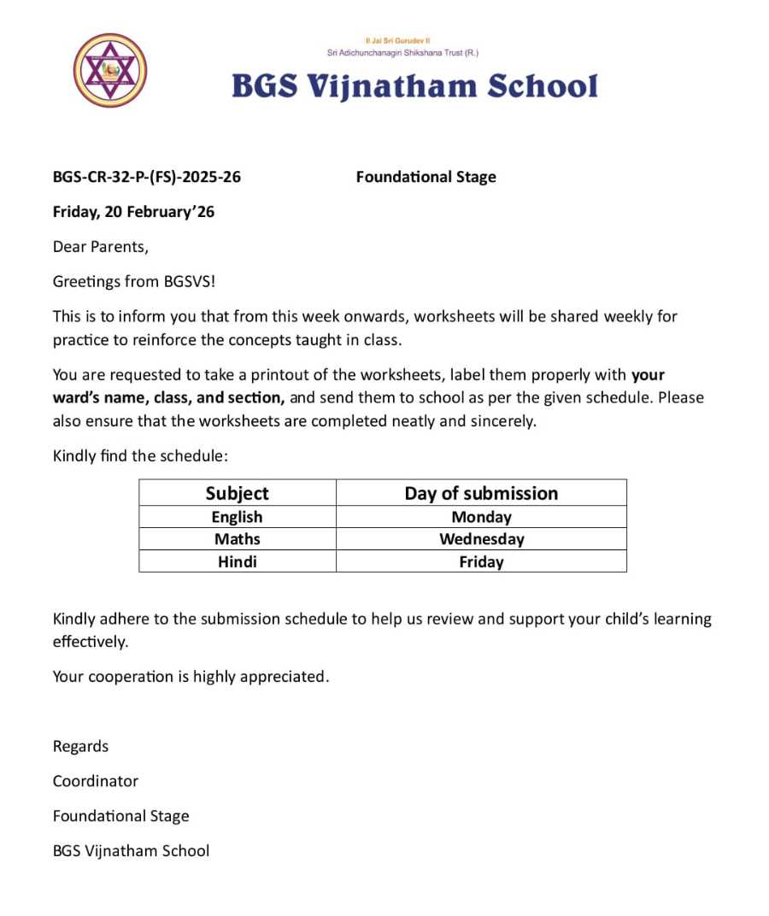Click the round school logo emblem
click(109, 70)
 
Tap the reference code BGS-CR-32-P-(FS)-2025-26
click(147, 178)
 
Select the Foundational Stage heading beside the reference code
click(426, 178)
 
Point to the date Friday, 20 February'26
click(133, 212)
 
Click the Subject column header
click(237, 493)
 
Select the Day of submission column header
click(481, 493)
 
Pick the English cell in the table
click(237, 517)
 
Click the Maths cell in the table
click(237, 539)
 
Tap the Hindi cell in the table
click(237, 561)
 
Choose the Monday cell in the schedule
click(481, 517)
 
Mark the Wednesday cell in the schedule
click(481, 539)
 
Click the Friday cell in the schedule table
click(481, 561)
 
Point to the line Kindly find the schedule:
click(140, 455)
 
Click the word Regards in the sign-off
click(80, 746)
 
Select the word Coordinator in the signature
click(95, 781)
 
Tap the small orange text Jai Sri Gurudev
click(402, 40)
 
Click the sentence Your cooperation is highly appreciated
click(191, 677)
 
